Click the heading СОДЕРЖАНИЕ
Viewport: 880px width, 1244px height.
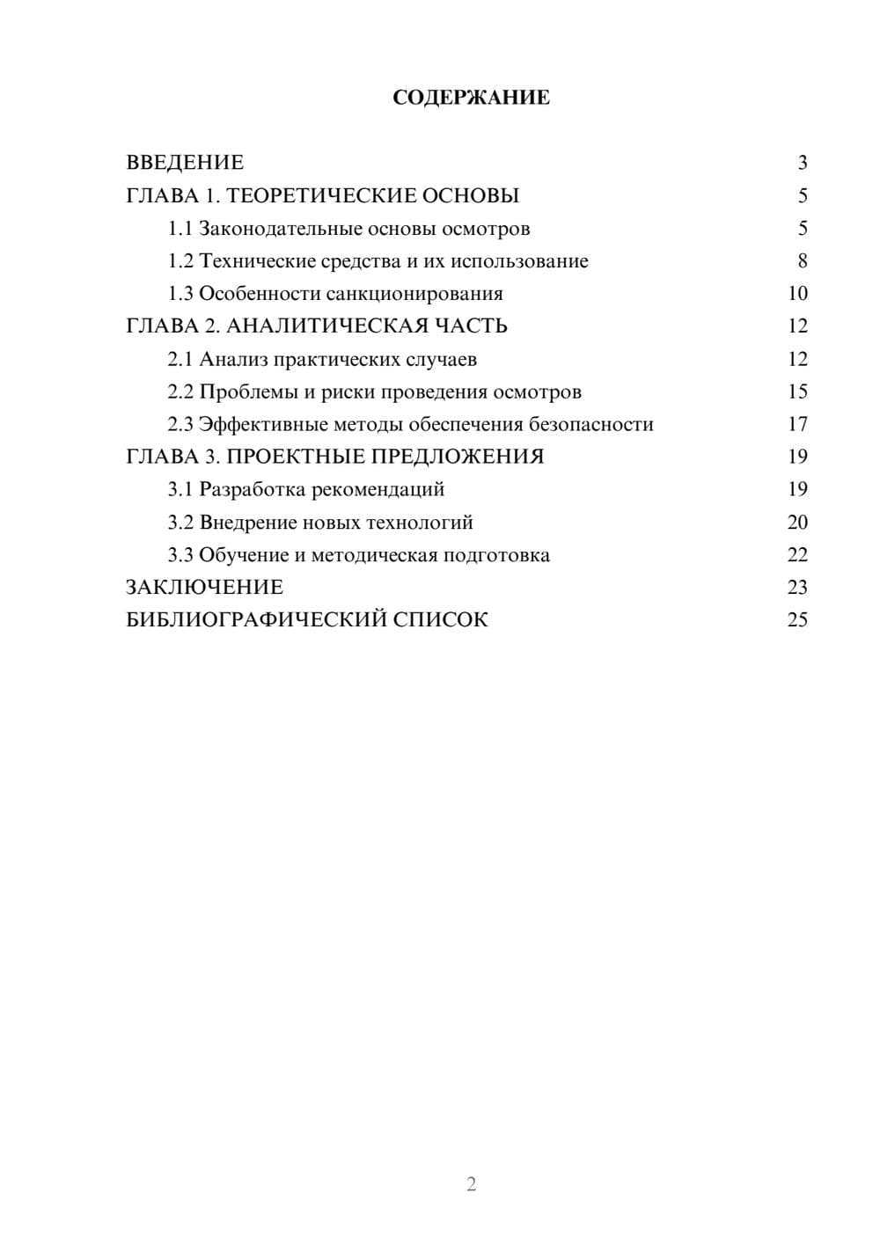(471, 98)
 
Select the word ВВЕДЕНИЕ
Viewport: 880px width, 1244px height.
(185, 163)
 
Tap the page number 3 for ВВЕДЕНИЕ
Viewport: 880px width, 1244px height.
(802, 163)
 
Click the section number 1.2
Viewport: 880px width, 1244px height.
(180, 261)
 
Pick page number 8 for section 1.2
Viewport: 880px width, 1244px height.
(802, 261)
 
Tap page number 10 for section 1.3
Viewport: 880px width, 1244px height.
(797, 294)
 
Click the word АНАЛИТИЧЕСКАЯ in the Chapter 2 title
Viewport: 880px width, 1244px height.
(325, 326)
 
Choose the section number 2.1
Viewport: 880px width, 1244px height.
(180, 359)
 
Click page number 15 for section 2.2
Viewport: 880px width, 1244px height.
(797, 391)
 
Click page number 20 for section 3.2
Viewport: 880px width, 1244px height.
(797, 523)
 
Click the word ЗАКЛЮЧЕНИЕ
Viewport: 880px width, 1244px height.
(204, 588)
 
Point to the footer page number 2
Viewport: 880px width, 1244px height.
(471, 1184)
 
